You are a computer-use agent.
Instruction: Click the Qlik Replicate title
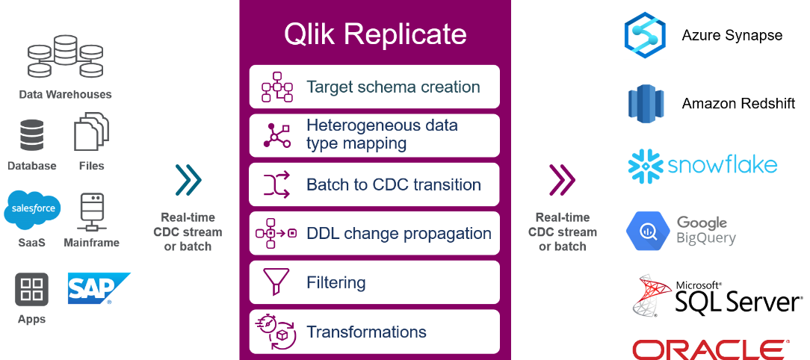375,34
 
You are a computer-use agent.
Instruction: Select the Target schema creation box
374,87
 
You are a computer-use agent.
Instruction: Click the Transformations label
367,332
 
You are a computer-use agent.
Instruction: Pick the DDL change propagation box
374,234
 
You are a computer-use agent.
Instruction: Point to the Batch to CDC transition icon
277,184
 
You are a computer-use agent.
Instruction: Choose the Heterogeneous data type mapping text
383,134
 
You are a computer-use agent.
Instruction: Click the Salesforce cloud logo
33,210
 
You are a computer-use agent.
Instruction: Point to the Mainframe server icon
91,213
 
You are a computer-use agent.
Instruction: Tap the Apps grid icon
31,289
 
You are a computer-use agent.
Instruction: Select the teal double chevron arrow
188,180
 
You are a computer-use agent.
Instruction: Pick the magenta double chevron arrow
563,180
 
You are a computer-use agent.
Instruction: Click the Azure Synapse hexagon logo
644,34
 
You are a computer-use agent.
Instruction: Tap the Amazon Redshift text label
739,103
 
